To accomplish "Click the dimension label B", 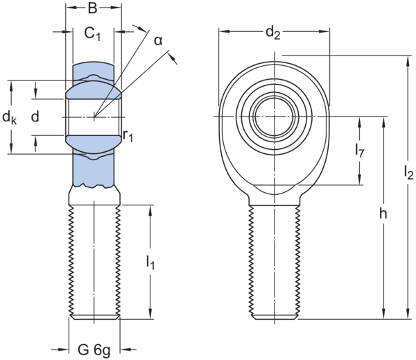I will pos(93,9).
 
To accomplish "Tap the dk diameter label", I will pos(8,117).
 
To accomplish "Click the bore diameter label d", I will pos(35,117).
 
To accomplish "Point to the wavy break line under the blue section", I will pos(95,186).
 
